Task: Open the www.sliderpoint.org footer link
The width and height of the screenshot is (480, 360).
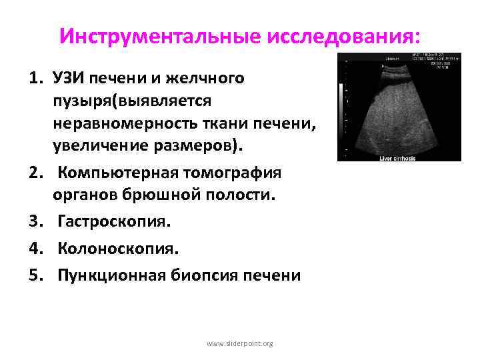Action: pos(240,343)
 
